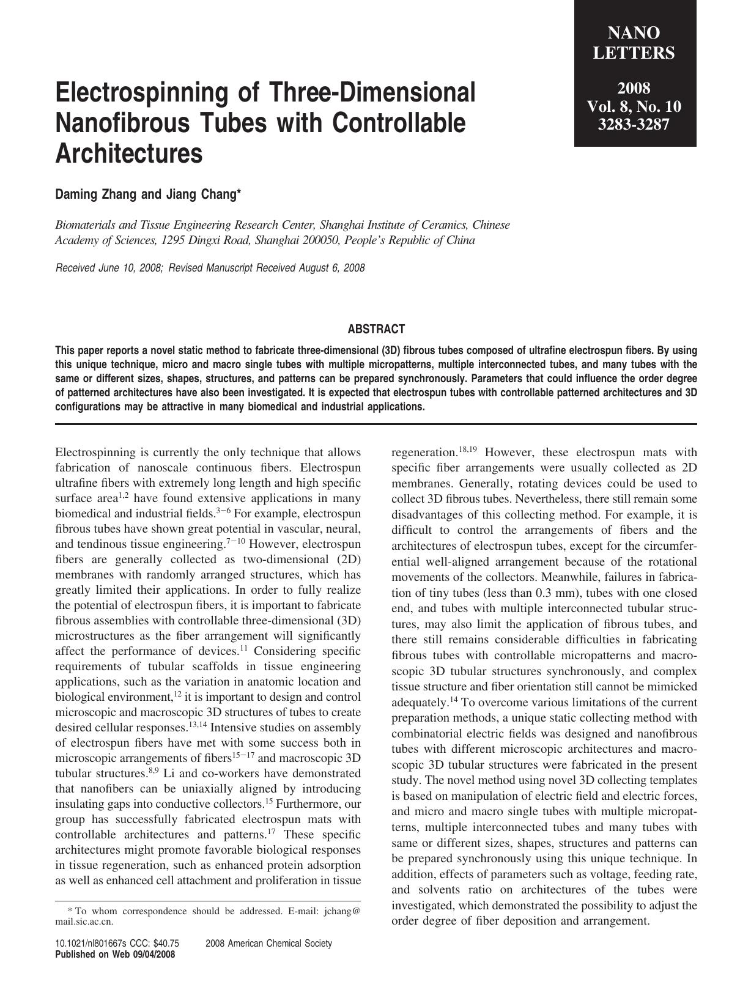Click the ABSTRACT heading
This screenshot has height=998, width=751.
click(376, 329)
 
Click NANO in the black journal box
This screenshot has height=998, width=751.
click(634, 32)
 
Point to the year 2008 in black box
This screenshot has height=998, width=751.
click(634, 87)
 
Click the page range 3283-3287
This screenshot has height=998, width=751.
click(634, 125)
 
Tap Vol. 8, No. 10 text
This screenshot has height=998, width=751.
click(634, 106)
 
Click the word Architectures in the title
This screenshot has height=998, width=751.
click(128, 153)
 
